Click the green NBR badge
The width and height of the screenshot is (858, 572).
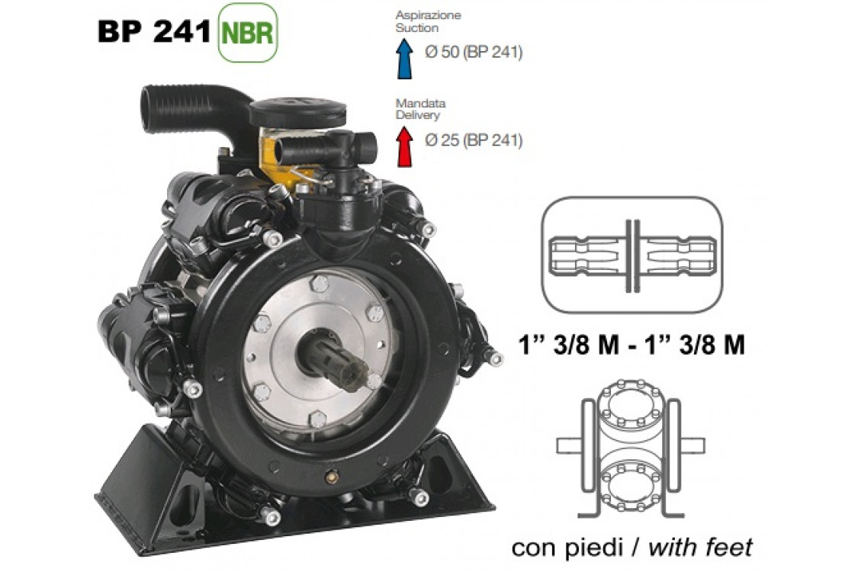(x=248, y=33)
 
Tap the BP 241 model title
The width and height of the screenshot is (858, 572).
(x=154, y=32)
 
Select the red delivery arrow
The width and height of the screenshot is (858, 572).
(x=404, y=146)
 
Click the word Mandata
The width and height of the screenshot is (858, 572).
(x=410, y=102)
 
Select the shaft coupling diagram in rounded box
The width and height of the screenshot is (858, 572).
(x=631, y=255)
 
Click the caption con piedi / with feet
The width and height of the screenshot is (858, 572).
(x=631, y=546)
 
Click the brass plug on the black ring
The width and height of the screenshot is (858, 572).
(x=331, y=474)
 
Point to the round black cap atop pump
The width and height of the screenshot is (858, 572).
(x=297, y=111)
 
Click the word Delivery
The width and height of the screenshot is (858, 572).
(x=417, y=115)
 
